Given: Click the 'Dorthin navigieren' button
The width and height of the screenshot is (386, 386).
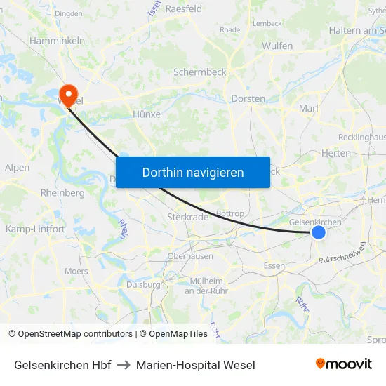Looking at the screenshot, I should pos(193,172).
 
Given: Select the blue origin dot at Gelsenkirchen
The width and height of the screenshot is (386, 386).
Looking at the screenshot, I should pos(319,232).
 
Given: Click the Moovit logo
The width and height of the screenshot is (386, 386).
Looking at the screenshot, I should pos(344,364).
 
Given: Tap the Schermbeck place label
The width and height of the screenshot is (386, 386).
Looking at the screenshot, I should pos(200,72).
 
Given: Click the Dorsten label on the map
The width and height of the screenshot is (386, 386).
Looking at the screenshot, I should pos(248,99).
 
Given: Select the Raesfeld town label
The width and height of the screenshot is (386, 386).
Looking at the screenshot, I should pos(184,9).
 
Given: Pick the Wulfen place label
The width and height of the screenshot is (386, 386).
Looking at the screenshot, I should pos(277,46).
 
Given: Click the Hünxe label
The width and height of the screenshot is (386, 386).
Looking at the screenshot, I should pos(147,114).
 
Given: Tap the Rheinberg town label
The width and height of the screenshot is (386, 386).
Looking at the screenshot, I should pos(62,193).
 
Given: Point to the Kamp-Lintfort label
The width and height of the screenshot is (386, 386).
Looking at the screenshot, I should pos(35,229).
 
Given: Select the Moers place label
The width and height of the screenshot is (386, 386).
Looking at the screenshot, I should pos(76,271).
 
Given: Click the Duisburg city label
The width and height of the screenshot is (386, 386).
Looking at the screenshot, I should pos(143,284).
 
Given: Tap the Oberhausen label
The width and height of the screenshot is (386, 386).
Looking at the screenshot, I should pos(190,256).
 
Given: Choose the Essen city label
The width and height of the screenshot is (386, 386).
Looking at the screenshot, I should pos(274,265).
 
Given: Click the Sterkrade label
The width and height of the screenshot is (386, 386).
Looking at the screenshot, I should pos(187,217).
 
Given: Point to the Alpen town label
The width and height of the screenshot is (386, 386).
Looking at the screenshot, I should pos(17,168).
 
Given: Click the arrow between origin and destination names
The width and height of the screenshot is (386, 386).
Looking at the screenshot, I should pos(124,365).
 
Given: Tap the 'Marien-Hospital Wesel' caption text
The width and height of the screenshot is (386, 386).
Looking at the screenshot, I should pos(196,365).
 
